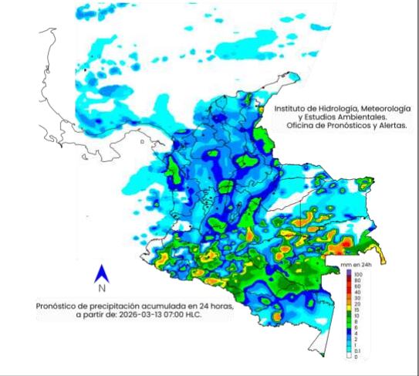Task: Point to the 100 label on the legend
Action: pos(359,274)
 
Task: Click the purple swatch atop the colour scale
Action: pos(350,274)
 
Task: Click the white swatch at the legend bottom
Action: pos(350,356)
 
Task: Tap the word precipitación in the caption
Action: pos(118,306)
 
